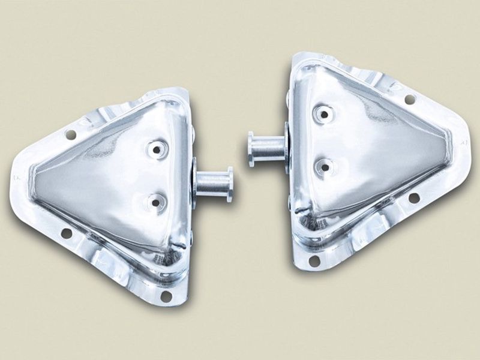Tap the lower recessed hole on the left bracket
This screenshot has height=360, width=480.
[156, 202]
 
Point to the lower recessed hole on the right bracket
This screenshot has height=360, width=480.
[324, 167]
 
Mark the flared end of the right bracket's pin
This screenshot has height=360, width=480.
[250, 149]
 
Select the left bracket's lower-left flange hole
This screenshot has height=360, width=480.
[66, 232]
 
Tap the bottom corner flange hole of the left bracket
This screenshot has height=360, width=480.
[166, 296]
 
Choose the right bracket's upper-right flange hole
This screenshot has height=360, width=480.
[410, 98]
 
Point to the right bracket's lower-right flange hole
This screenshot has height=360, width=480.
[413, 197]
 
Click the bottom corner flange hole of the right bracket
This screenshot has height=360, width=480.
[314, 260]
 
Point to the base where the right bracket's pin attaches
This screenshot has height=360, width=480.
[287, 148]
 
